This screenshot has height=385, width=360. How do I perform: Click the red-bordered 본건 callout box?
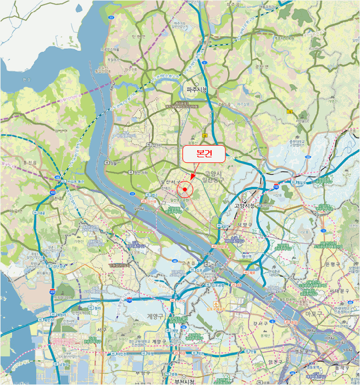coord(203,155)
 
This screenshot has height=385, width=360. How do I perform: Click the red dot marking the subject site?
coord(185,190)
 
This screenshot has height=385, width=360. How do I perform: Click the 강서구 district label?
coord(259,323)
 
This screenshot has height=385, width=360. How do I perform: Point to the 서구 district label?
coord(101,329)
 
